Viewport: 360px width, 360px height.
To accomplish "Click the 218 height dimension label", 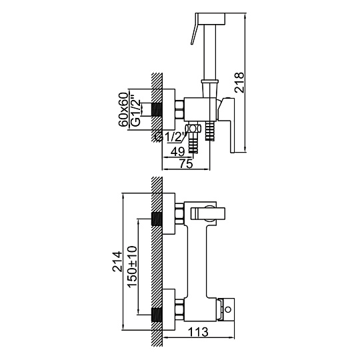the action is (239, 82).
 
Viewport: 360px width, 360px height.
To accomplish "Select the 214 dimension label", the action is (117, 261).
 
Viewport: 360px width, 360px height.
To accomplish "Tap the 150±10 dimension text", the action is (132, 267).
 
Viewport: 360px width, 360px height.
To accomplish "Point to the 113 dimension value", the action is (198, 331).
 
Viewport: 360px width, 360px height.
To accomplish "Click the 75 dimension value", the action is (186, 164).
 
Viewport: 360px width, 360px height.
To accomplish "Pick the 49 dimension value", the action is (178, 152).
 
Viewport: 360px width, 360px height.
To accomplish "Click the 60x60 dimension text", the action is (123, 109).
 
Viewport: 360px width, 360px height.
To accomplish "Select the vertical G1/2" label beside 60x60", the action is (135, 110).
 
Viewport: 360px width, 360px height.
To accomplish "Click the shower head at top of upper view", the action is (211, 19).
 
